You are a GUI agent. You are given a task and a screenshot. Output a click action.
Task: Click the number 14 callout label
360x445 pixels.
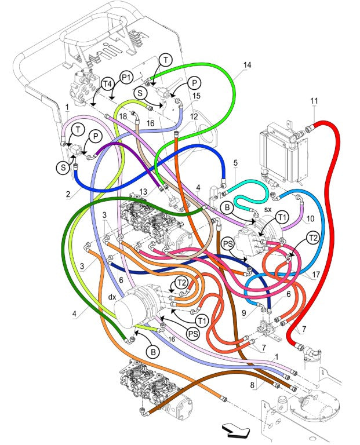point(247,65)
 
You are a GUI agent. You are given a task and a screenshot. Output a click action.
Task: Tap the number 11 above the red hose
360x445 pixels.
point(314,101)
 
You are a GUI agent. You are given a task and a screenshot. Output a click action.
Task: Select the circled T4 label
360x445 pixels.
point(107,84)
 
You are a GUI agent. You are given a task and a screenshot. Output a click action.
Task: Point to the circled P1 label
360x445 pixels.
point(126,76)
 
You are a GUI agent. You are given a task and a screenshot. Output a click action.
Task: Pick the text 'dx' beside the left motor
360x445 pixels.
point(112,297)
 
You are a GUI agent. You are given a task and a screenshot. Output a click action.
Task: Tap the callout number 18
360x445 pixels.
point(123,118)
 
